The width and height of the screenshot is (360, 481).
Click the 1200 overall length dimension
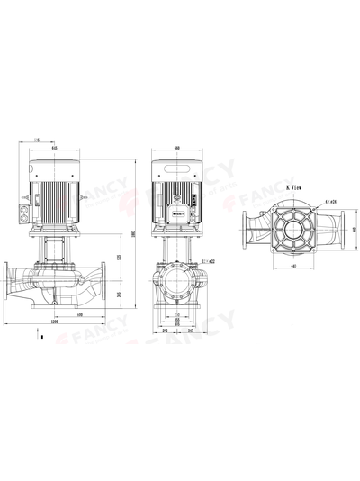(x=55, y=322)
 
